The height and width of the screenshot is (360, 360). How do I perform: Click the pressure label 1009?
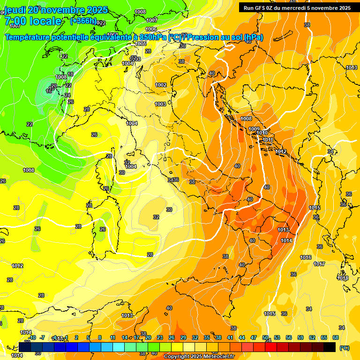point(254,129)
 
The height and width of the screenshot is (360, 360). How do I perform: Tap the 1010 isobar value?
point(262,133)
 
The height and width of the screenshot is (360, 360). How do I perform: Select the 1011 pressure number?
point(268,140)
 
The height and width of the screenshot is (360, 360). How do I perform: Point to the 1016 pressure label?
point(306,257)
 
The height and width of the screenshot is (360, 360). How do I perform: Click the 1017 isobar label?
point(319,264)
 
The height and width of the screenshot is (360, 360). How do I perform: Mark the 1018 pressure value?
point(343,278)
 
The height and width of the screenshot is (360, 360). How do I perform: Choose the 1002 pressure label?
point(161,85)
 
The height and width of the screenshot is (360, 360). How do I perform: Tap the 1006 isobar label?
point(151,29)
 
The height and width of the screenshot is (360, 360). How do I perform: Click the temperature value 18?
point(70,74)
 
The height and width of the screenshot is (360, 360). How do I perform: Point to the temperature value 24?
point(67,95)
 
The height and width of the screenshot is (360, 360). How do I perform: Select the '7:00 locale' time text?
point(33,21)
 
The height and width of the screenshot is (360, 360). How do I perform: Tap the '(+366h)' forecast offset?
point(83,21)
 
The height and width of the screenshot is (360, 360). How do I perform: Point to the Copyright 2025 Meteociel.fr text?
point(199,356)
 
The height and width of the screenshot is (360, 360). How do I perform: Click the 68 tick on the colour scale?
point(336,337)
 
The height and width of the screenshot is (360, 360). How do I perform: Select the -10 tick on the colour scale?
point(32,337)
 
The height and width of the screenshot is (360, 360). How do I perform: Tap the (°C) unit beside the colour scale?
point(344,348)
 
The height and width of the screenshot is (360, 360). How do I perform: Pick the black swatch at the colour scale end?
point(330,347)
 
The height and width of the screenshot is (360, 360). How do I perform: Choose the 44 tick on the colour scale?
point(242,337)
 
